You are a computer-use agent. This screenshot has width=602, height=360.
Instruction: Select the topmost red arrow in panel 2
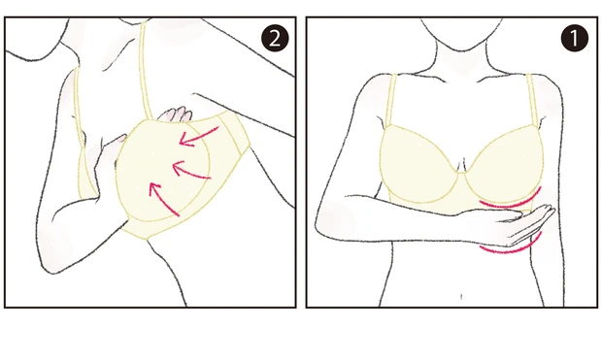pyautogui.click(x=198, y=139)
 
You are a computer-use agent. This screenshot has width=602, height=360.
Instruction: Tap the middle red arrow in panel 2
pyautogui.click(x=191, y=173)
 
